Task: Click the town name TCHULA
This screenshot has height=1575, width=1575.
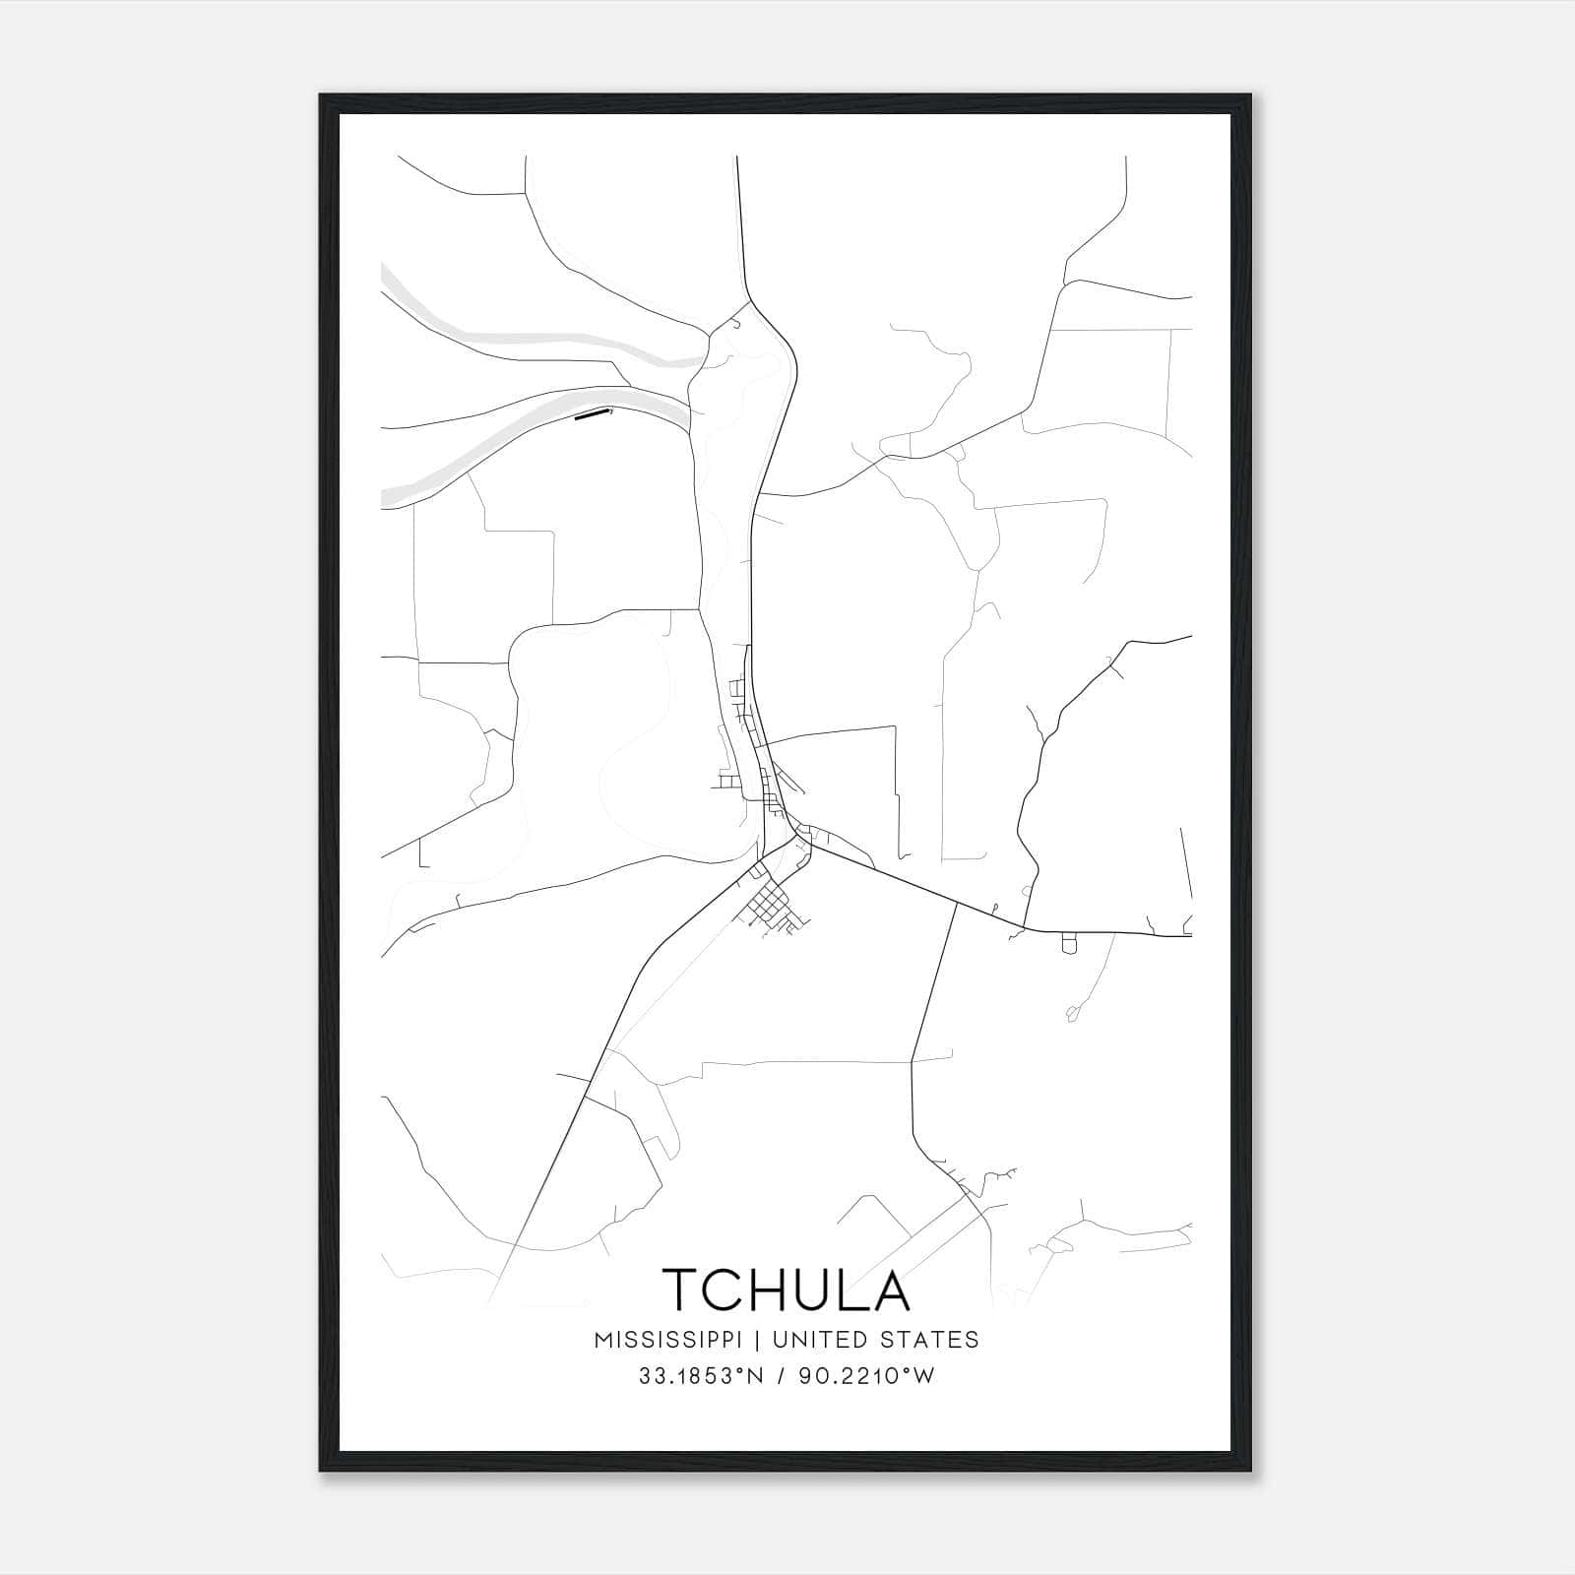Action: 787,1290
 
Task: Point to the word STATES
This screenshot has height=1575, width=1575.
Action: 930,1339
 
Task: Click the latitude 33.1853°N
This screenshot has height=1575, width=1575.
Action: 701,1376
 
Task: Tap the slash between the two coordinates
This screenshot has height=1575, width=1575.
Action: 782,1376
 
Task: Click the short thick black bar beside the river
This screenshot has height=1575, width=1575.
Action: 592,415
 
